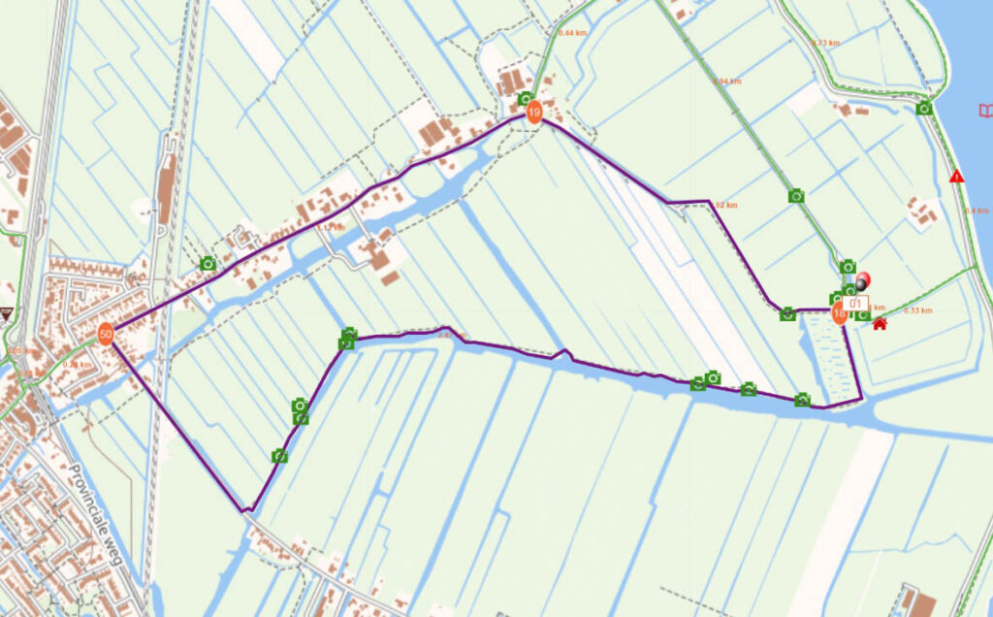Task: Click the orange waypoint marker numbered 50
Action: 106,333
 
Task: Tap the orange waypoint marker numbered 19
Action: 533,114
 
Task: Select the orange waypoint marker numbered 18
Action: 840,313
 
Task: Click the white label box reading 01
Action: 855,303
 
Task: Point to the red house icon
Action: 880,323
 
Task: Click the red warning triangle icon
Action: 957,177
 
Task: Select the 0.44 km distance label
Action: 573,33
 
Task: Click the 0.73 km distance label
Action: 825,43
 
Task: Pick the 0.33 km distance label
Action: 917,310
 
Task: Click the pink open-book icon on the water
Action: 986,111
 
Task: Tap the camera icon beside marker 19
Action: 525,99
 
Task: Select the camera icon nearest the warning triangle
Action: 924,109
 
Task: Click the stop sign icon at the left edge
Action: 6,313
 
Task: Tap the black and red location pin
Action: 863,280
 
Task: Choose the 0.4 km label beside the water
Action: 977,211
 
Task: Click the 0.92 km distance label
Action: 725,206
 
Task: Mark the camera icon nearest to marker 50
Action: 208,263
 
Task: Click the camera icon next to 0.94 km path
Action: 796,196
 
